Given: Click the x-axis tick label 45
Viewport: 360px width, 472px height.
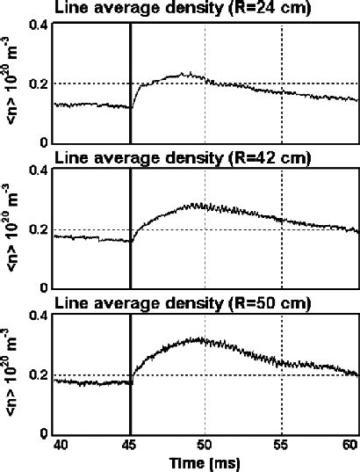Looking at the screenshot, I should (x=130, y=445).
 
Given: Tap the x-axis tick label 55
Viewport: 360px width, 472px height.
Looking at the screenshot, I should (x=282, y=445).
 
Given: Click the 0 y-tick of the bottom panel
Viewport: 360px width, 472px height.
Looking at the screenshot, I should (x=44, y=433).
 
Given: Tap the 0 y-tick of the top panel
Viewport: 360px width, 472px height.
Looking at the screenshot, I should (x=44, y=142).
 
